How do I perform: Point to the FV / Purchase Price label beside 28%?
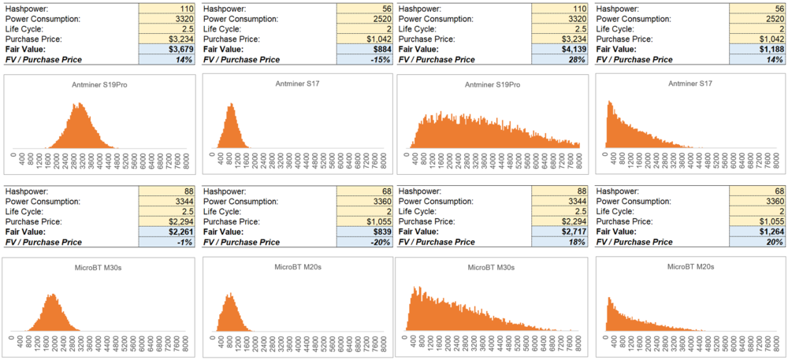click(437, 59)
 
